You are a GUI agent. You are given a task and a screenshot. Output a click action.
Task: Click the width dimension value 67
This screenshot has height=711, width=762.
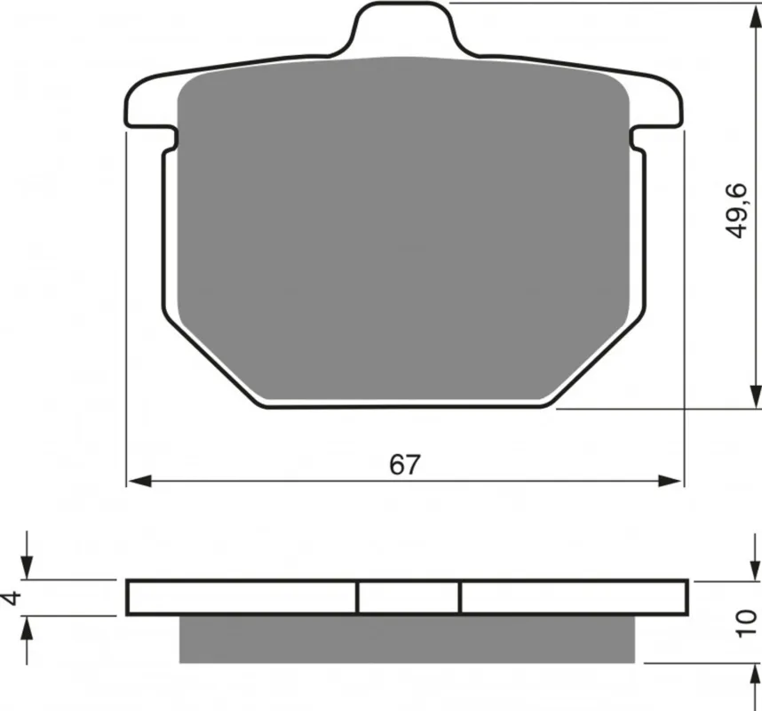coord(404,465)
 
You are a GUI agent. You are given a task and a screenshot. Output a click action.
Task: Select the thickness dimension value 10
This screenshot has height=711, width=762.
coord(746,624)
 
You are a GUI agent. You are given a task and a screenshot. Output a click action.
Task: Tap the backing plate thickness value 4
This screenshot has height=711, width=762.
coord(12,598)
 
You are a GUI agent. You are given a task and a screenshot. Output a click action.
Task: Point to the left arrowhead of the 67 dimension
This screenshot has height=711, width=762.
coord(139,482)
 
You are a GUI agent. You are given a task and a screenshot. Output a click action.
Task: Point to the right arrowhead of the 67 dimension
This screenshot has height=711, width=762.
coord(670,482)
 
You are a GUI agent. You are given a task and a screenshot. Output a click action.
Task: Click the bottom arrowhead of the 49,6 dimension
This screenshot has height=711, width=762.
coord(755,395)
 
